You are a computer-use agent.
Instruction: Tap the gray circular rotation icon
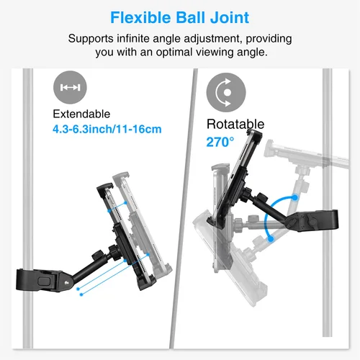(x=223, y=92)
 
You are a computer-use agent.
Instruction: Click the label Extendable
(x=81, y=114)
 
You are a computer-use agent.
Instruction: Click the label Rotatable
(x=235, y=124)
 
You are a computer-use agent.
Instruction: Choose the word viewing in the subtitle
(x=231, y=52)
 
